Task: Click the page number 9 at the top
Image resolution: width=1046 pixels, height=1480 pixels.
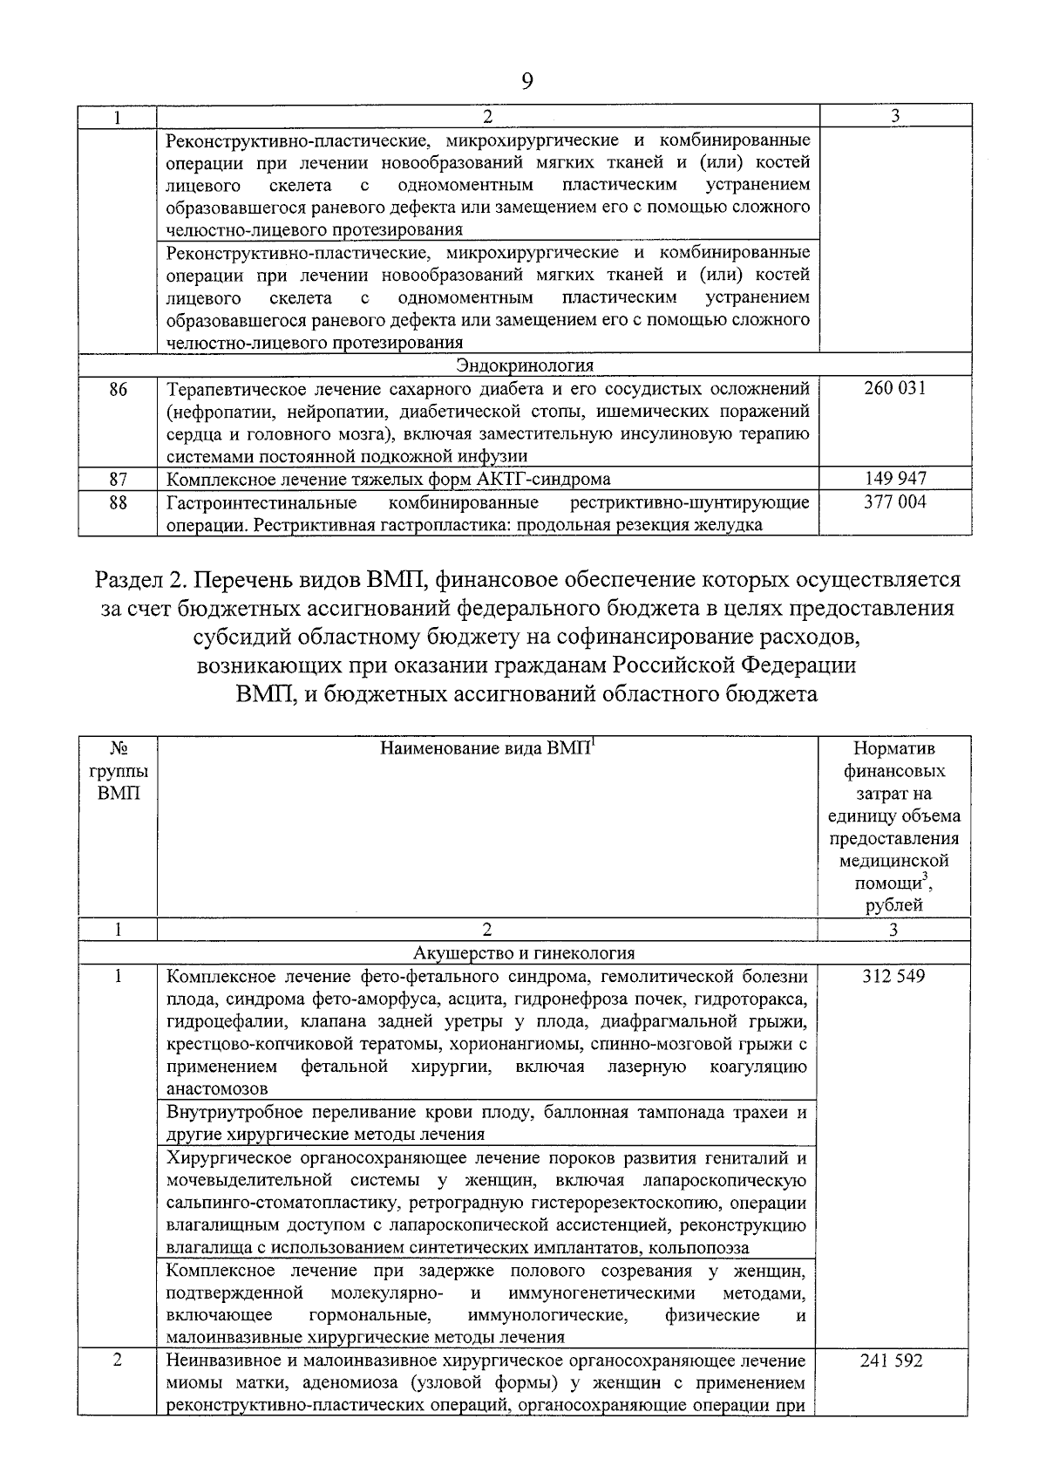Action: point(526,82)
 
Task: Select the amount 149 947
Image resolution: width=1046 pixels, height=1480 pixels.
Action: point(894,479)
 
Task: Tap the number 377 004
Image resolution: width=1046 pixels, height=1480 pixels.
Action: point(894,501)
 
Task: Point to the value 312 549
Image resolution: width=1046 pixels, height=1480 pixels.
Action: point(893,976)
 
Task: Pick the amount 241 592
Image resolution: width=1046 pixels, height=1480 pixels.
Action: point(893,1361)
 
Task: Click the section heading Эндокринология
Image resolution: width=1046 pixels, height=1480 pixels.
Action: point(525,365)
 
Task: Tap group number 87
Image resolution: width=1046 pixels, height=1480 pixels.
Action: point(119,479)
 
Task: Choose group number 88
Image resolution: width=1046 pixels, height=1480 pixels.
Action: point(119,502)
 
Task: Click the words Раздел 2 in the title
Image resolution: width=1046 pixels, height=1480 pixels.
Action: point(145,580)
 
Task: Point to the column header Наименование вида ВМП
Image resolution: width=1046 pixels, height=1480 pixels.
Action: point(485,748)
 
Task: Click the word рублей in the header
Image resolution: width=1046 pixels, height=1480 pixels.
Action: point(893,905)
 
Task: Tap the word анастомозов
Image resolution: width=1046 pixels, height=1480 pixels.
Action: point(217,1089)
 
